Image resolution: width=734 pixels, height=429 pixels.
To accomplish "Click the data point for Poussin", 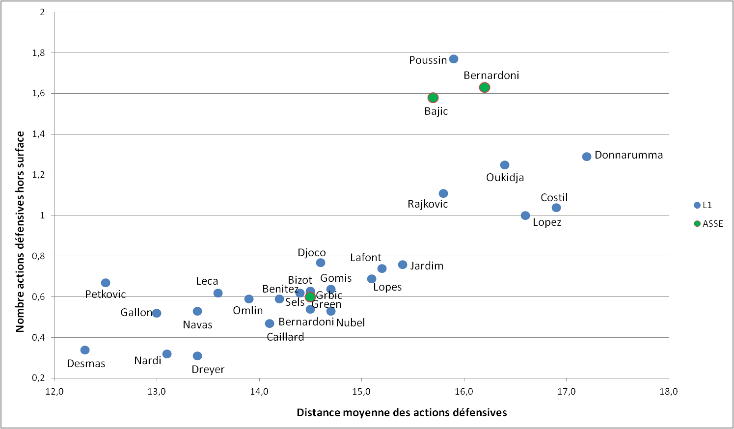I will pos(454,59).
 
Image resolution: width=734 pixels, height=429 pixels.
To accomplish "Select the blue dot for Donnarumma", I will pos(587,157).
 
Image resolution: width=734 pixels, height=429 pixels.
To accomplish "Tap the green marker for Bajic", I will pos(433,98).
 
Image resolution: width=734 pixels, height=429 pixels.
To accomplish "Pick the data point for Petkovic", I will pos(106,283).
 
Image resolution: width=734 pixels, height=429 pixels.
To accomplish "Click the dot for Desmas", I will pos(85,350).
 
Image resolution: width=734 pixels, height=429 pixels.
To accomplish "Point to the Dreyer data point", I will pos(197,356).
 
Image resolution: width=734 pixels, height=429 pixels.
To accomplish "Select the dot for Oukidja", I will pos(505,165).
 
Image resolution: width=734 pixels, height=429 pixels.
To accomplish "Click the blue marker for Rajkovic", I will pos(443,193).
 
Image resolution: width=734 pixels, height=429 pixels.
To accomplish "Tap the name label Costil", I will pos(554,197).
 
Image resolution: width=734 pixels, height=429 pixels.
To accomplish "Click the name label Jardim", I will pos(427,266).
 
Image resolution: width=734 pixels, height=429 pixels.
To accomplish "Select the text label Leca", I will pos(207,281).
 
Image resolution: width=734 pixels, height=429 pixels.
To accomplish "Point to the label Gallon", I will pos(136,312).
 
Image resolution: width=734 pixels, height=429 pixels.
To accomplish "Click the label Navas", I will pos(197,324).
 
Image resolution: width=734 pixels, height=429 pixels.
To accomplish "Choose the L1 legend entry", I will pos(703,205).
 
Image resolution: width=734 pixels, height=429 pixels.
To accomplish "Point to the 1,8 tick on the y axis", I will pos(38,53).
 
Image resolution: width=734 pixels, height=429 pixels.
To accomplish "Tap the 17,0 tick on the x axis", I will pos(566,391).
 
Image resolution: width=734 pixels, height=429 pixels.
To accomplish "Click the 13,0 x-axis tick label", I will pos(157,391).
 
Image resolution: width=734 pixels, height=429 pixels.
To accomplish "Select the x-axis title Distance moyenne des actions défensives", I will pos(402,412).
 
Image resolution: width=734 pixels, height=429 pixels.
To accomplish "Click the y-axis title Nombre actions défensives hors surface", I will pos(20,231).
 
